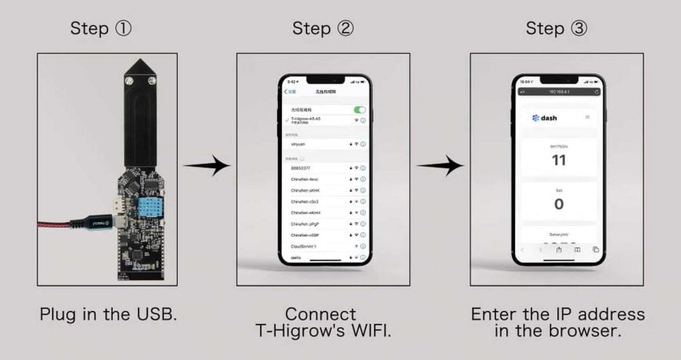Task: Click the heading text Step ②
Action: click(x=322, y=29)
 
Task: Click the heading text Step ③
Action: click(x=556, y=29)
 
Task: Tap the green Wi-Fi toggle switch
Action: click(x=359, y=110)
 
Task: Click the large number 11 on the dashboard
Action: click(x=558, y=160)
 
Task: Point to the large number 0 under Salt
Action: click(x=558, y=204)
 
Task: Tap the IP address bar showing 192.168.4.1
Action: click(x=558, y=92)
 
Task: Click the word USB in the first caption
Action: click(x=157, y=315)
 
